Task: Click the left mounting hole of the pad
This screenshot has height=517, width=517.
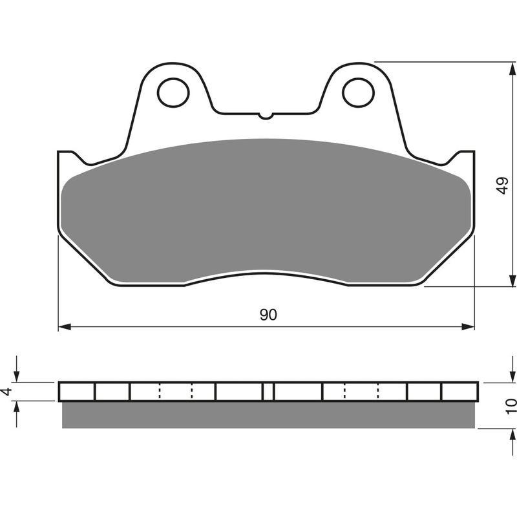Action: [173, 92]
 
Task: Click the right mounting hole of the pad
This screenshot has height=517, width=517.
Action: [359, 92]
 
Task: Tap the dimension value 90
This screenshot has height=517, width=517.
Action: [268, 315]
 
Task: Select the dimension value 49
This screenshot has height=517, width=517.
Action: [503, 185]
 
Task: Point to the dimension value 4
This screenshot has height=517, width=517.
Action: [8, 392]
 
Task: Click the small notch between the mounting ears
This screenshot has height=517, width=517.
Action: [266, 116]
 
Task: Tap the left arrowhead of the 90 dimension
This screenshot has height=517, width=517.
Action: [65, 327]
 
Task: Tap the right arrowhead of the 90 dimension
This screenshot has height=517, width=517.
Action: [468, 327]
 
